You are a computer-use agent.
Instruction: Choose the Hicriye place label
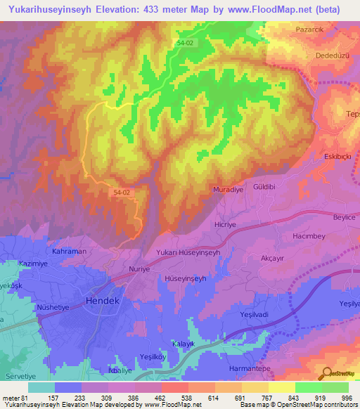227,225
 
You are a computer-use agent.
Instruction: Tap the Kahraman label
69,251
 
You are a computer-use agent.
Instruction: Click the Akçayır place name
275,258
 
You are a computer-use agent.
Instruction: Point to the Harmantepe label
251,368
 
